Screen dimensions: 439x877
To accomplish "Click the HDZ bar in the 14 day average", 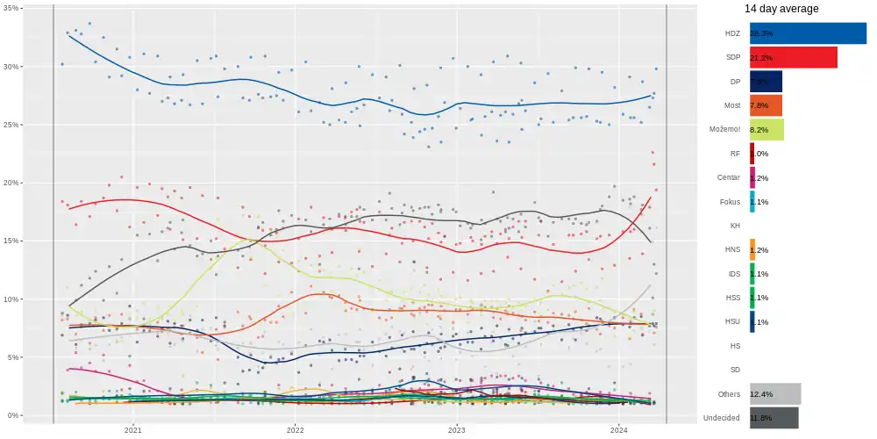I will tap(808, 33).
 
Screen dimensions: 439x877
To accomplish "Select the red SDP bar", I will tap(793, 58).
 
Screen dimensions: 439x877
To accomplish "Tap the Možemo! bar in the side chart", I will tap(766, 130).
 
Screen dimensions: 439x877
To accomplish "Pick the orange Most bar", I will tap(766, 105).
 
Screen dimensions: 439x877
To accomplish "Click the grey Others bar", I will tap(775, 394).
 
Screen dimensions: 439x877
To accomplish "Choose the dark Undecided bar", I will tap(774, 418).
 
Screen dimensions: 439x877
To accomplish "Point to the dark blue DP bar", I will tap(766, 82).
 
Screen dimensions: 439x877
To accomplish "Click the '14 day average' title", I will tap(781, 9).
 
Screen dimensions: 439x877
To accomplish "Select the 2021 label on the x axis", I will tap(133, 430).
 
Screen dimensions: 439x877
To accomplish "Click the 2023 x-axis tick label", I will tap(457, 430).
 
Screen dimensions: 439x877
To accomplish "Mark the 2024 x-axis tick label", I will tap(619, 430).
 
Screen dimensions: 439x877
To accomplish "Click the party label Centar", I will tap(729, 178).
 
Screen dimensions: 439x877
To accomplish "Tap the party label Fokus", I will tap(730, 202).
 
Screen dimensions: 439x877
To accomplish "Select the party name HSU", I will tap(731, 322).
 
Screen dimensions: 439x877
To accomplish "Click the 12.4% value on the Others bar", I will tap(761, 394).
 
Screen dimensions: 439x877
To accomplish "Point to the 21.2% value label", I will tap(761, 58).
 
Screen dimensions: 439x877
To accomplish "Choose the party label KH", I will tap(735, 226).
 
